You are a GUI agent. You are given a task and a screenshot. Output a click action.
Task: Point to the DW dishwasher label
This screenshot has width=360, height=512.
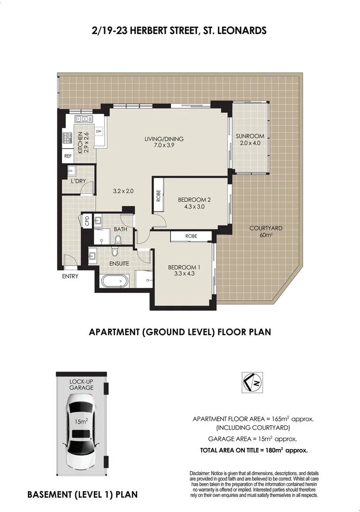99,132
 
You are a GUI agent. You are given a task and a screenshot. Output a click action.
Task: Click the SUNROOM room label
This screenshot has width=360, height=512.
250,137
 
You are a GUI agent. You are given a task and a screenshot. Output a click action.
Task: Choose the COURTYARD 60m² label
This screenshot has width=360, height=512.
266,231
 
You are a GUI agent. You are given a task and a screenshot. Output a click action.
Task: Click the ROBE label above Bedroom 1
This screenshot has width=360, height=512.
191,236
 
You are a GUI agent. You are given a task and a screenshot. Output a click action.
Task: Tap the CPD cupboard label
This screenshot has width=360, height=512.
87,220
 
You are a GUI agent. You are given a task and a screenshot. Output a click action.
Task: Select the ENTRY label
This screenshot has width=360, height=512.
70,276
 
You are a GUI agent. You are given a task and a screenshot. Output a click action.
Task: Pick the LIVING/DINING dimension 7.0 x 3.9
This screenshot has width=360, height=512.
164,146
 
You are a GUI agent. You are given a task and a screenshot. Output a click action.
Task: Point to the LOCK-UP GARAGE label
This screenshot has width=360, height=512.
81,384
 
